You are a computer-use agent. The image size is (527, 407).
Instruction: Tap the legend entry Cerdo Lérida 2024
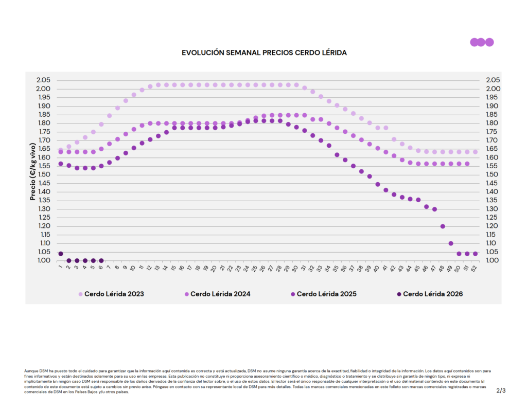[x=220, y=294]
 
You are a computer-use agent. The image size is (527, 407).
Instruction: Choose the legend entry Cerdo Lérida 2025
[x=326, y=294]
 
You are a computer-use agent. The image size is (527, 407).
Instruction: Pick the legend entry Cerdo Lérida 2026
[x=433, y=294]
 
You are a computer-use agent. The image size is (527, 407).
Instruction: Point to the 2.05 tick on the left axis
[x=43, y=80]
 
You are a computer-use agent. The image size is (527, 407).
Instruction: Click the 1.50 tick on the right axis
[x=493, y=174]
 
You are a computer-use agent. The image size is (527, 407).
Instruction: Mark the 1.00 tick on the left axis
[x=43, y=260]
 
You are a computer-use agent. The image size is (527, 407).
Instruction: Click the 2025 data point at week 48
[x=443, y=226]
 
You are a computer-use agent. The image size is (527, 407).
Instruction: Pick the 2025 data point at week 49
[x=451, y=243]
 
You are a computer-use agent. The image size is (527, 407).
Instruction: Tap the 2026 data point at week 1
[x=61, y=254]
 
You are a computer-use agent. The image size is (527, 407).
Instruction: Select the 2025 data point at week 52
[x=475, y=254]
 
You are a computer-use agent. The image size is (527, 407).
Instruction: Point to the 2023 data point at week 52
[x=475, y=152]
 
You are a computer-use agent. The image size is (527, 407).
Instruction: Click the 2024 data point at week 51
[x=467, y=164]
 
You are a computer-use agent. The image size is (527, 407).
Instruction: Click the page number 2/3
[x=501, y=391]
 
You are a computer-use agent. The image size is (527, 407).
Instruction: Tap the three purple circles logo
[x=482, y=42]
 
